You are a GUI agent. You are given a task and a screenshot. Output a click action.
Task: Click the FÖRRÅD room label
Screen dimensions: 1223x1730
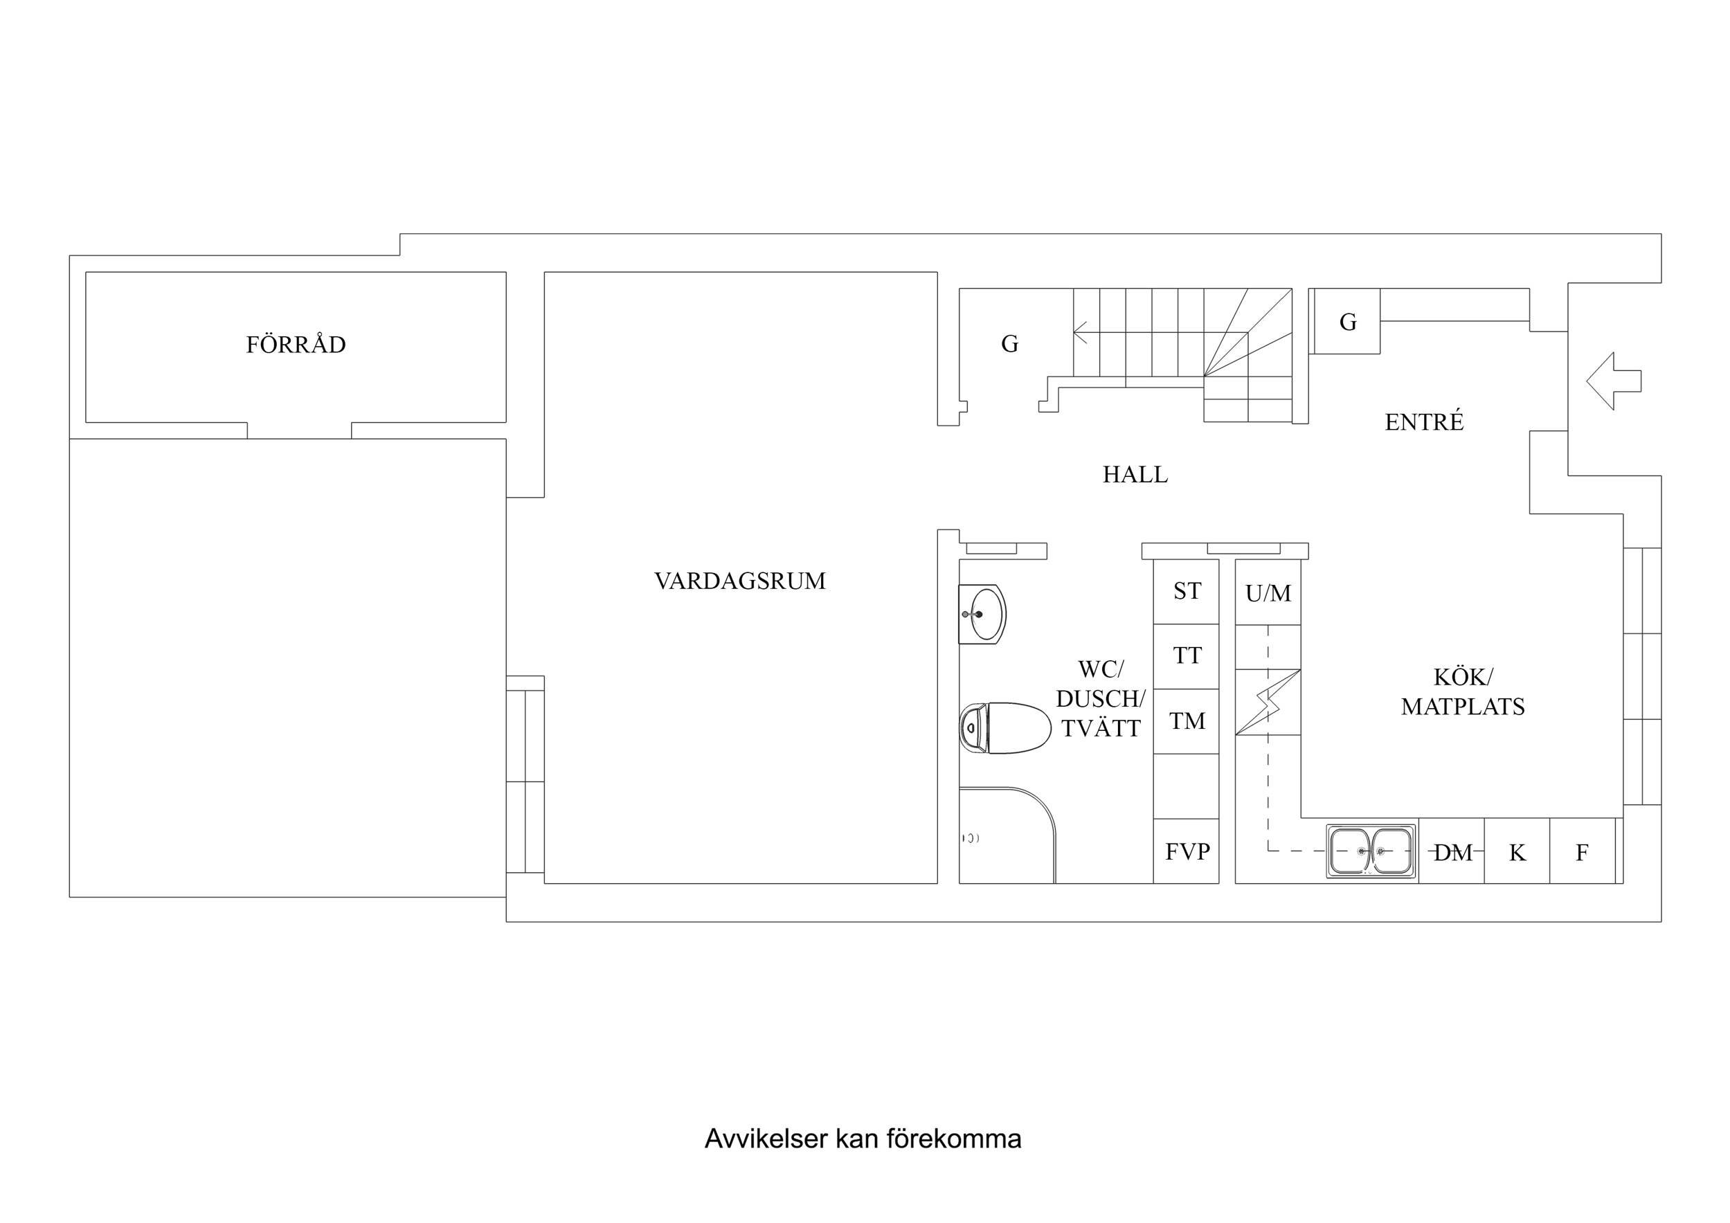(x=296, y=345)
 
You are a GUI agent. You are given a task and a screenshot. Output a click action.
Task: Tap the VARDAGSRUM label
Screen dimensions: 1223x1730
(x=739, y=581)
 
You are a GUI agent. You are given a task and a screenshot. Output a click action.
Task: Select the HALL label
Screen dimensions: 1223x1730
(x=1135, y=475)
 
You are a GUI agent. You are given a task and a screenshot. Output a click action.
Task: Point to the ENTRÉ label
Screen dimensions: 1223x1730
(x=1423, y=422)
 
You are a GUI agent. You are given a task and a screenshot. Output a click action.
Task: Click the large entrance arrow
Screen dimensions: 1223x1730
(x=1612, y=381)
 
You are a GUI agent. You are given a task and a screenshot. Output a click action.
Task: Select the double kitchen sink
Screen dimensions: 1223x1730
(x=1371, y=851)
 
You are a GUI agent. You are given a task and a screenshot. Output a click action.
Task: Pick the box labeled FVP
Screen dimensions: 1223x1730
(x=1187, y=851)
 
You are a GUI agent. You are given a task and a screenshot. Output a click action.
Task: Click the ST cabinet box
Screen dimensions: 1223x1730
(x=1187, y=592)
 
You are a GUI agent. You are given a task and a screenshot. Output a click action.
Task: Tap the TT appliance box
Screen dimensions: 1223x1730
(x=1187, y=656)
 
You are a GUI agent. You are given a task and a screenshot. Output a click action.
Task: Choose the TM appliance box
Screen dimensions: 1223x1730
(x=1187, y=721)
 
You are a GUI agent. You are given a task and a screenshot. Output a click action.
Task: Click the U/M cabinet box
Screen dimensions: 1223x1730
(x=1268, y=593)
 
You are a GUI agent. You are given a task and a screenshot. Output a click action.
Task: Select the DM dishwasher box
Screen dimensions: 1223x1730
(x=1452, y=852)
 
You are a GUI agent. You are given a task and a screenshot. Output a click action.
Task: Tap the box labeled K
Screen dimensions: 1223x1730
(x=1517, y=852)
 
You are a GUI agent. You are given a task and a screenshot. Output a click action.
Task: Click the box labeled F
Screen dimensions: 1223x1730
(x=1582, y=852)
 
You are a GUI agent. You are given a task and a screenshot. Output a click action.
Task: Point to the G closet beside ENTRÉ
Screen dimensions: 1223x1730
(x=1347, y=322)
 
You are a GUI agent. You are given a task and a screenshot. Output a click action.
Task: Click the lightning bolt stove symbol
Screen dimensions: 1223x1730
(x=1268, y=703)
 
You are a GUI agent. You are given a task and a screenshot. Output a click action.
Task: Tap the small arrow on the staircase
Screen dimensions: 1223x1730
(x=1081, y=332)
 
